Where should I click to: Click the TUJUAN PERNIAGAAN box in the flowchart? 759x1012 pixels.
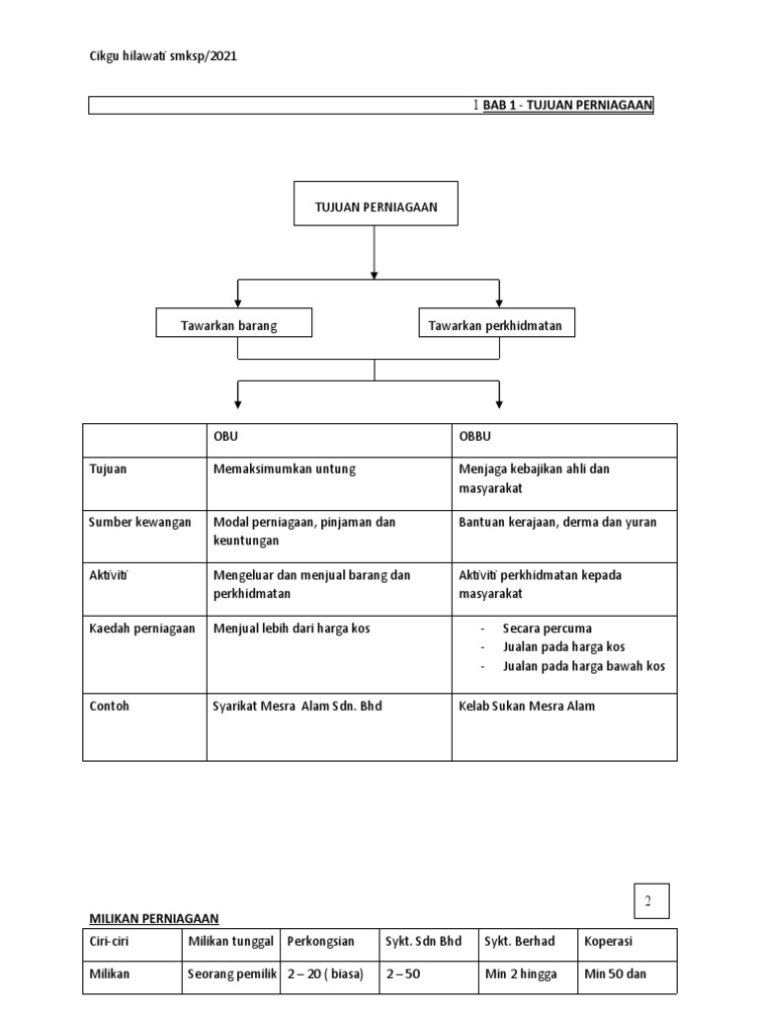pos(376,206)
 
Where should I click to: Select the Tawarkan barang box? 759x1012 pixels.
pos(234,325)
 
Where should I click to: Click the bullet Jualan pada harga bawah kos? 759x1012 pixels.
pos(583,666)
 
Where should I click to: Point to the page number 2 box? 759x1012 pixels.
pos(652,900)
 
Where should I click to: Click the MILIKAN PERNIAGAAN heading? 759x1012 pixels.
pos(154,917)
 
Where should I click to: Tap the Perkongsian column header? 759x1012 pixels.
pos(320,942)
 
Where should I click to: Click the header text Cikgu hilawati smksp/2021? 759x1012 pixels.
pos(163,56)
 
